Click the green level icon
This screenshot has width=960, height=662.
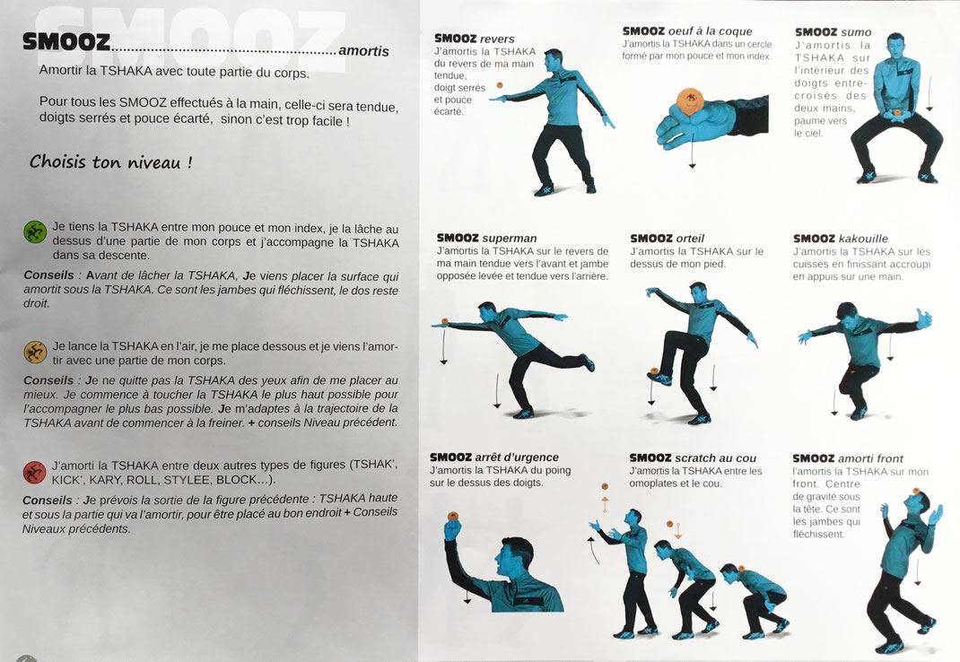click(x=35, y=232)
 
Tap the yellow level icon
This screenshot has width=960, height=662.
click(x=35, y=353)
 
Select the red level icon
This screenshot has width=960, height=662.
click(x=34, y=472)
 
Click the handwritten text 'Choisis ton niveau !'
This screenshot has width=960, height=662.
click(x=111, y=161)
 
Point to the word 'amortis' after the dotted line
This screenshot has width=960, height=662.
click(x=363, y=51)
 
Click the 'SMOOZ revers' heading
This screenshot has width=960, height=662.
click(x=474, y=39)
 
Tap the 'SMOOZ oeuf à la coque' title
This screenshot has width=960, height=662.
click(x=687, y=30)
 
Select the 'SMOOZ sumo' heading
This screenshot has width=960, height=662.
click(x=833, y=32)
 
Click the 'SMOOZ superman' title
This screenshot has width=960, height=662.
click(x=487, y=239)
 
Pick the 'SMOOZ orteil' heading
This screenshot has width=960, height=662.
click(x=667, y=239)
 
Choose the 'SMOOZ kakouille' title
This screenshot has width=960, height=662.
click(x=840, y=239)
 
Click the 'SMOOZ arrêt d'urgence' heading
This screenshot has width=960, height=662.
click(x=494, y=457)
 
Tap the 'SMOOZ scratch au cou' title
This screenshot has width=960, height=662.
click(x=693, y=457)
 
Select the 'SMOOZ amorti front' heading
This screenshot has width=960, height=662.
click(x=847, y=458)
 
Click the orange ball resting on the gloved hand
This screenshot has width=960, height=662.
click(x=691, y=100)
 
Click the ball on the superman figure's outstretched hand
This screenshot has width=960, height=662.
click(x=444, y=321)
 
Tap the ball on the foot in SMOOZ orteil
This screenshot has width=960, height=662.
click(x=654, y=370)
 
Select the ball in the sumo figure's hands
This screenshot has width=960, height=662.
click(x=897, y=113)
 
